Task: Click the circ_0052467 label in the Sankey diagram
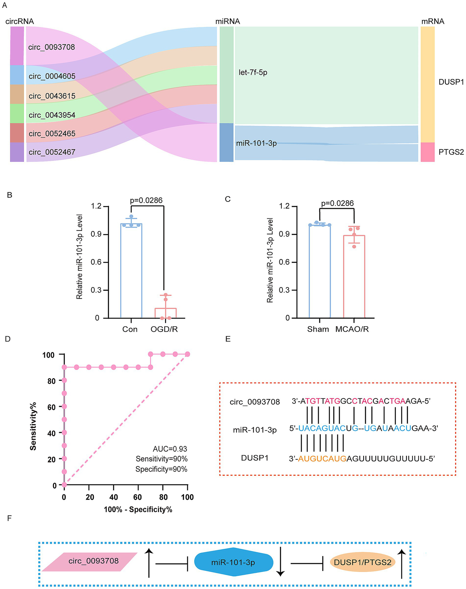pyautogui.click(x=52, y=152)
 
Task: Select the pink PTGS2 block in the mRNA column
pyautogui.click(x=427, y=152)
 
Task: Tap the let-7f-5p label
pyautogui.click(x=253, y=73)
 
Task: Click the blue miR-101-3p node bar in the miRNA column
pyautogui.click(x=226, y=142)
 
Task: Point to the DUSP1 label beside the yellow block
pyautogui.click(x=451, y=82)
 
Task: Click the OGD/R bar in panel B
pyautogui.click(x=165, y=313)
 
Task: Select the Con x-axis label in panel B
pyautogui.click(x=130, y=329)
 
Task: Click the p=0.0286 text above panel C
pyautogui.click(x=337, y=203)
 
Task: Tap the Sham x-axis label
pyautogui.click(x=318, y=329)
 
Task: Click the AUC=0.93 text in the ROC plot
pyautogui.click(x=170, y=449)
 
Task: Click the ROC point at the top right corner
pyautogui.click(x=187, y=354)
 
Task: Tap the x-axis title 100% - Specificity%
pyautogui.click(x=138, y=509)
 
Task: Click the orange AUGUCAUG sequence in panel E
pyautogui.click(x=322, y=459)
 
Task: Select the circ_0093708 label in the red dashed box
pyautogui.click(x=255, y=402)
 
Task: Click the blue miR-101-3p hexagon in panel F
pyautogui.click(x=233, y=562)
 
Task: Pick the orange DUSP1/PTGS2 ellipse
pyautogui.click(x=362, y=562)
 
